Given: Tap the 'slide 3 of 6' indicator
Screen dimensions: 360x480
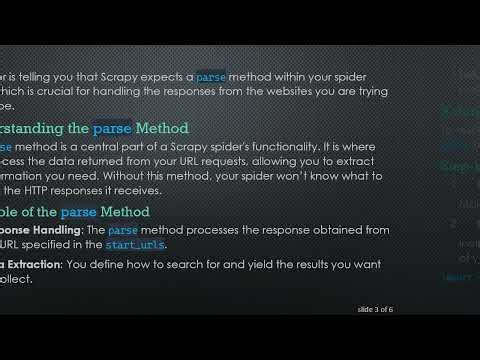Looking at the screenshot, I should coord(375,310).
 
